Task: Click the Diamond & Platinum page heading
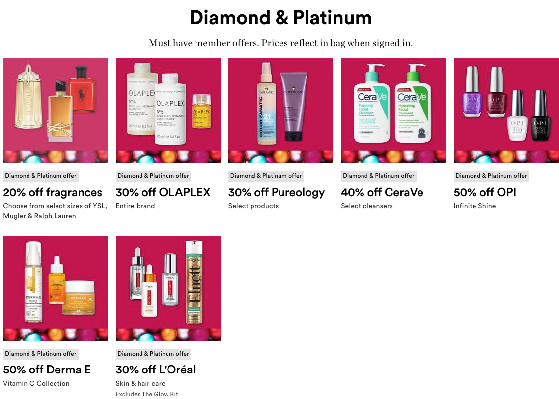click(x=280, y=18)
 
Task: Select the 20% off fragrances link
click(x=53, y=192)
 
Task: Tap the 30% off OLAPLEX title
click(x=163, y=192)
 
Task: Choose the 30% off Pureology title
click(x=277, y=192)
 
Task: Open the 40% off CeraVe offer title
click(x=382, y=192)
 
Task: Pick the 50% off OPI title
click(x=485, y=192)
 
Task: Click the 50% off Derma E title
click(x=47, y=370)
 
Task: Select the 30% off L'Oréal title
click(x=156, y=370)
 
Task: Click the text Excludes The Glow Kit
click(x=147, y=394)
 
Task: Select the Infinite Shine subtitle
click(x=475, y=206)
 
